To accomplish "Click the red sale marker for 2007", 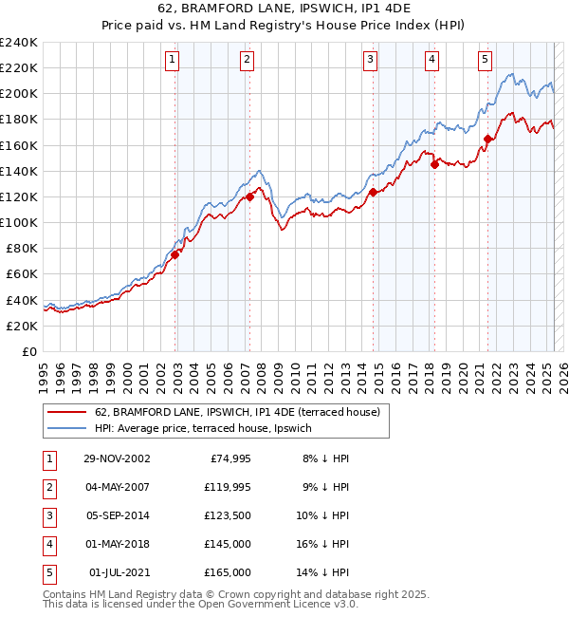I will [249, 196].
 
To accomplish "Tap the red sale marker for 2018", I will [434, 164].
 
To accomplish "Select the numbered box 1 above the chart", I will [172, 60].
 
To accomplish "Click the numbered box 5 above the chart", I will [485, 60].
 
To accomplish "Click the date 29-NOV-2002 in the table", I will [116, 458].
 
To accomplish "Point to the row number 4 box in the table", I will [48, 544].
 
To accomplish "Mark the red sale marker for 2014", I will [373, 192].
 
